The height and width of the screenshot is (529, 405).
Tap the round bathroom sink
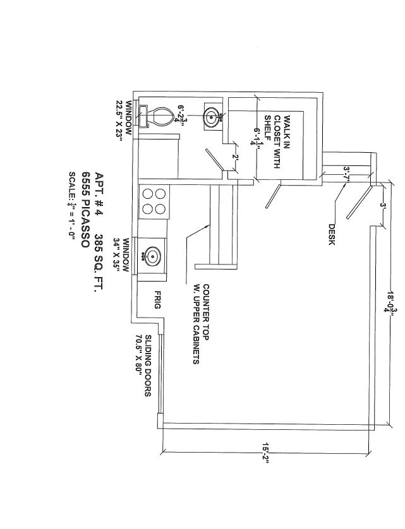point(212,116)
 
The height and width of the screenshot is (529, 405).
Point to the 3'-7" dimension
point(347,173)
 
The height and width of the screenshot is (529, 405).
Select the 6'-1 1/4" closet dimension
point(257,136)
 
